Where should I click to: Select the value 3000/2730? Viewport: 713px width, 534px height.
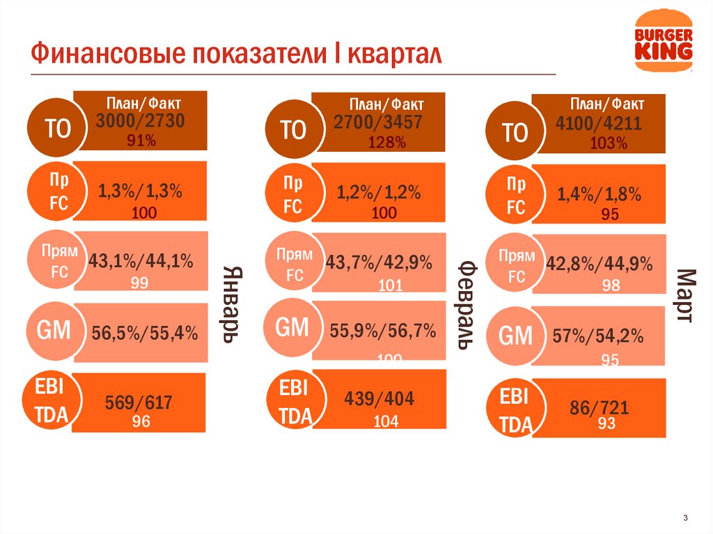click(x=141, y=122)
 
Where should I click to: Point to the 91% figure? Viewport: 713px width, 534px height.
click(x=141, y=141)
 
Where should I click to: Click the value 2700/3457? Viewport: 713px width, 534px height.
click(x=378, y=123)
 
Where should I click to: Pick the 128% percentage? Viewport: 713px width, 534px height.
click(x=387, y=143)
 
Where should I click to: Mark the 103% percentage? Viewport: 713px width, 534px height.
click(x=609, y=144)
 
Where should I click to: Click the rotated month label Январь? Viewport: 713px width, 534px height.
click(x=231, y=304)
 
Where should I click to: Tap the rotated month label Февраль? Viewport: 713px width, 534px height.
click(x=467, y=306)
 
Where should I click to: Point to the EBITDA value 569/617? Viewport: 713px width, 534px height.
click(x=139, y=402)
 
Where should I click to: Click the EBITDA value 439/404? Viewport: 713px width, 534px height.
click(x=379, y=400)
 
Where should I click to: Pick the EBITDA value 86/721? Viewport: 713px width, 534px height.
click(x=600, y=408)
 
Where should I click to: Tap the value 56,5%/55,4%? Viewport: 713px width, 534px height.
click(x=145, y=334)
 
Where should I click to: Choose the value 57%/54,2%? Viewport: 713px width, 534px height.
click(x=598, y=337)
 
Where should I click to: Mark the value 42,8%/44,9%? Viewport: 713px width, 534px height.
click(x=600, y=265)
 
